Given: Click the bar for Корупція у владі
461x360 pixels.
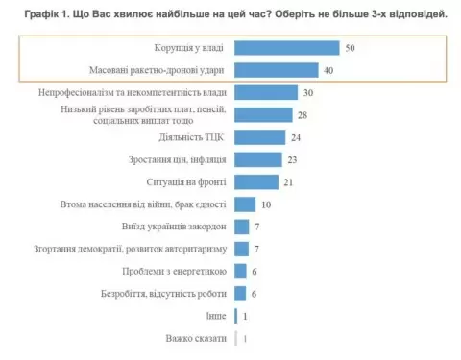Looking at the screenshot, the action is (287, 48).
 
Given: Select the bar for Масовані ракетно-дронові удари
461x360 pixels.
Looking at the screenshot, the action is (277, 70).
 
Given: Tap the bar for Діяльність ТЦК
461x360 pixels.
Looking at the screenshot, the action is (259, 137).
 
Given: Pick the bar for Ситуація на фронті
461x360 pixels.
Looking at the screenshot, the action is (256, 182).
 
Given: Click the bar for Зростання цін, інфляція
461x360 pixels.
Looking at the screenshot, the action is (258, 159).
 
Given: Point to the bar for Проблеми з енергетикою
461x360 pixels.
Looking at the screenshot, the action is (240, 272).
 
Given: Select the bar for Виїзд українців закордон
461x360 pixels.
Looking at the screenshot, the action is (241, 227).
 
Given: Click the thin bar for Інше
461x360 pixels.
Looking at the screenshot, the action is (235, 316).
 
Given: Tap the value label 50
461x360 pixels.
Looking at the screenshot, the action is (350, 48).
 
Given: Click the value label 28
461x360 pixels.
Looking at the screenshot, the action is (303, 115).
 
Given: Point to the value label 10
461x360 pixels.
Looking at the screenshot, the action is (266, 204).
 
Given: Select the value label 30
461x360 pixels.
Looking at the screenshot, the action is (308, 93).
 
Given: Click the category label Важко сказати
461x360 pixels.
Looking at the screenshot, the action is (196, 338).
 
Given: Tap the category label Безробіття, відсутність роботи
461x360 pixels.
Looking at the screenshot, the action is (163, 294).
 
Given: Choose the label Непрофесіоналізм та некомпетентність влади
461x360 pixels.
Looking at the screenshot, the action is (133, 92).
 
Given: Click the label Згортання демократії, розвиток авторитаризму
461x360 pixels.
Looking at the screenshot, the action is (131, 249).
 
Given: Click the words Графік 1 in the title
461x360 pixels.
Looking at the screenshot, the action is (47, 14).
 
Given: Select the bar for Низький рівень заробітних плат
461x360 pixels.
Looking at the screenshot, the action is (263, 115).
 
